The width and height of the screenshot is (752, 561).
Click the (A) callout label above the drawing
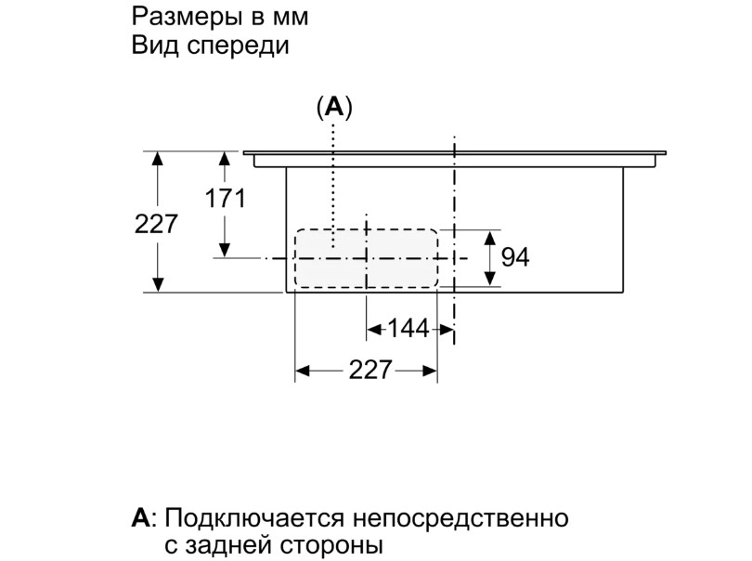[334, 109]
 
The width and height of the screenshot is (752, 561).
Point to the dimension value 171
[226, 198]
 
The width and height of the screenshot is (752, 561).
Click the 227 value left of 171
[155, 224]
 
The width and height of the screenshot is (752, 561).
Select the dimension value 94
[514, 257]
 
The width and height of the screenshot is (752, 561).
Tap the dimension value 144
[408, 328]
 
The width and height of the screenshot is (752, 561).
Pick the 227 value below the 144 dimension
[370, 371]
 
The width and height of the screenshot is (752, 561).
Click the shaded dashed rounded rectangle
[365, 257]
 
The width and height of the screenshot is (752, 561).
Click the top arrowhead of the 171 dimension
[225, 159]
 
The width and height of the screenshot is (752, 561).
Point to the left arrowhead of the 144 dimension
[374, 328]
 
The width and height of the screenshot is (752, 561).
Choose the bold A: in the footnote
[143, 517]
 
